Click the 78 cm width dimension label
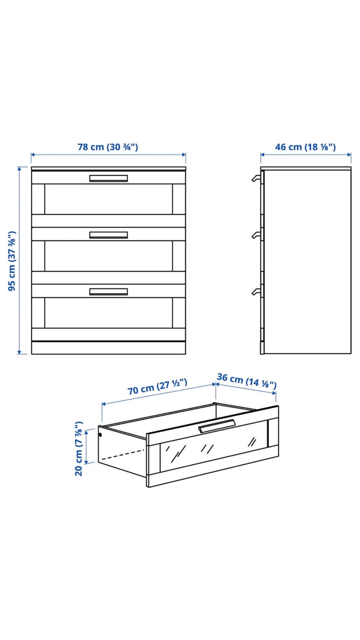click(x=108, y=147)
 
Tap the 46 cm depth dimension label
click(x=305, y=147)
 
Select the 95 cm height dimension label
click(x=12, y=261)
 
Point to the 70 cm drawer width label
click(x=157, y=387)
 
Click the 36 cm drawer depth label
click(x=247, y=381)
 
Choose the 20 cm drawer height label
click(x=79, y=448)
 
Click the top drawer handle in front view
click(x=109, y=178)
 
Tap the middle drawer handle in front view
click(x=109, y=235)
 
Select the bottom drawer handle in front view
click(x=109, y=291)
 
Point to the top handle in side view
click(x=256, y=178)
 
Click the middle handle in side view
click(x=256, y=235)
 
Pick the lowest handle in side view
click(x=256, y=291)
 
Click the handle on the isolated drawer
click(x=217, y=426)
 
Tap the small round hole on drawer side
click(x=100, y=435)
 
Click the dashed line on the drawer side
click(x=123, y=454)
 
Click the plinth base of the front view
click(x=109, y=348)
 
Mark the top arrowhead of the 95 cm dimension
click(x=19, y=168)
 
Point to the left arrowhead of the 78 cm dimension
click(x=33, y=154)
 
